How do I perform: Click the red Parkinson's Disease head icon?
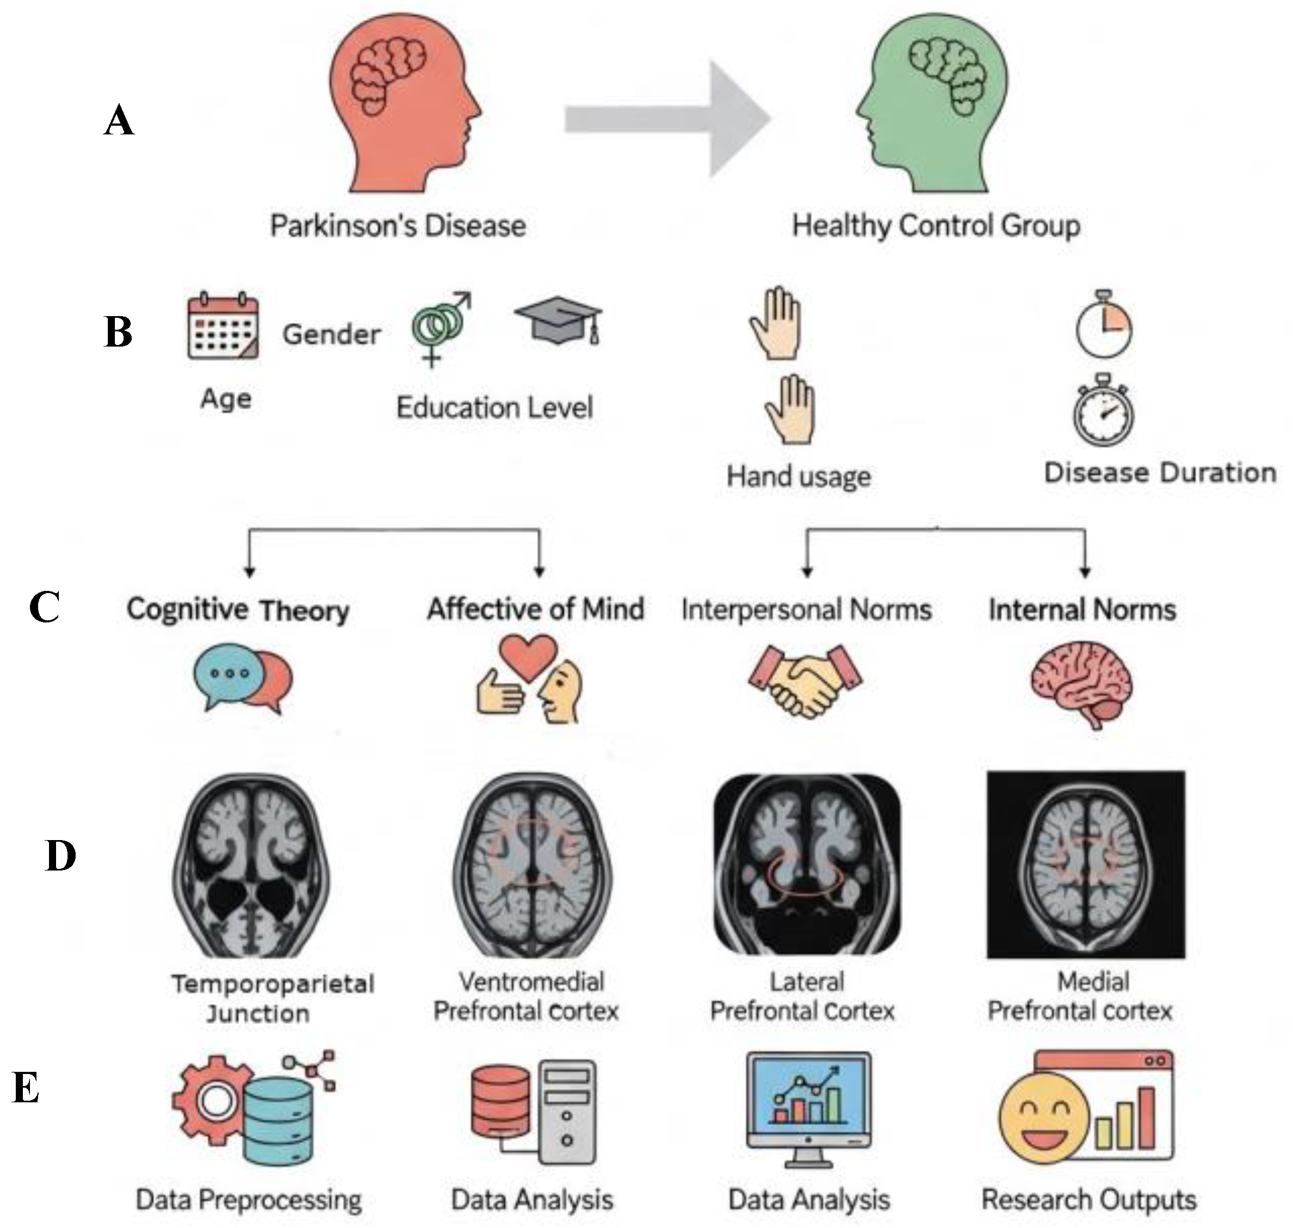pos(400,104)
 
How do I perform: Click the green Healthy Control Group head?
pos(936,104)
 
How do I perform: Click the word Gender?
pos(332,335)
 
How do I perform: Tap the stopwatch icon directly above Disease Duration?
pos(1104,410)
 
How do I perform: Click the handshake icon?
pos(806,681)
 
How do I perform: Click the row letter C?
pos(45,607)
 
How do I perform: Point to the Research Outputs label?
pos(1089,1200)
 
